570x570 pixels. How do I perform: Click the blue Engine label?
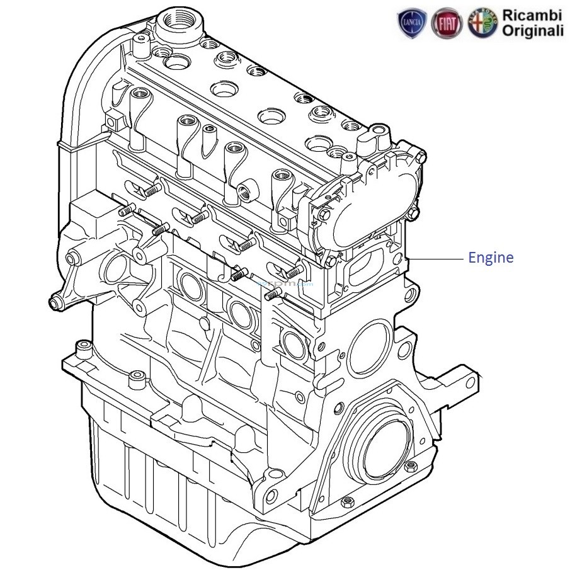490,258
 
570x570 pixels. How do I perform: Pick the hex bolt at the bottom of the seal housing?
346,503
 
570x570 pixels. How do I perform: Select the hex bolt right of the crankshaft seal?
411,467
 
